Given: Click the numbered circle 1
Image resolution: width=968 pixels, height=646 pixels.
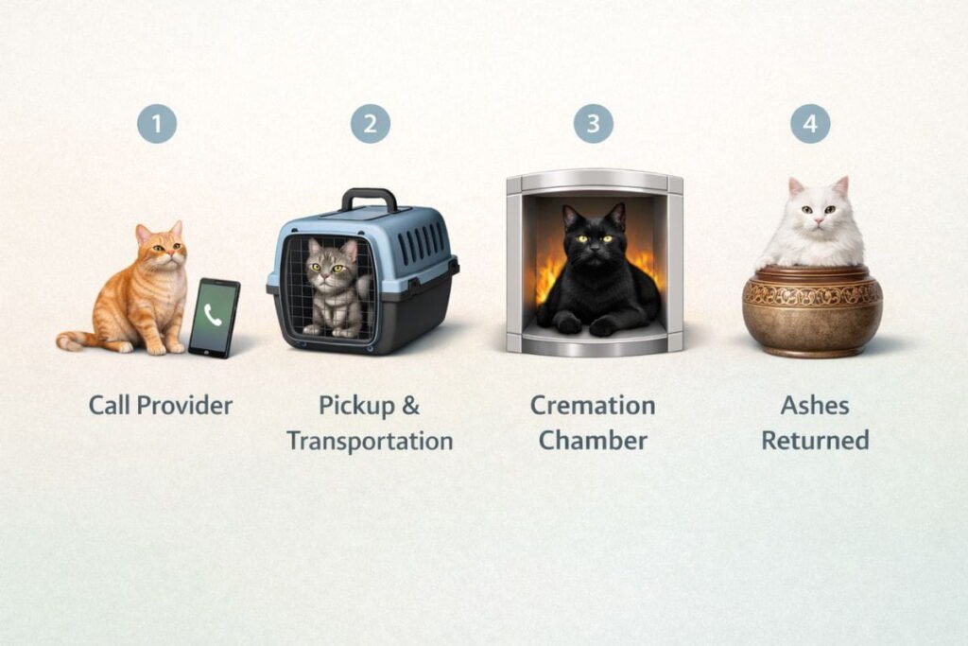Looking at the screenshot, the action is [x=157, y=124].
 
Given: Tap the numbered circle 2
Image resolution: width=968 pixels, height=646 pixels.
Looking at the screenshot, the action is [x=371, y=124].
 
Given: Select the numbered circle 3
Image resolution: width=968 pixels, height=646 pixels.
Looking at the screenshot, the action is [x=594, y=124].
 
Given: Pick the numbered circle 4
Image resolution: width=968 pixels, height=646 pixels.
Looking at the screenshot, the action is [x=810, y=124].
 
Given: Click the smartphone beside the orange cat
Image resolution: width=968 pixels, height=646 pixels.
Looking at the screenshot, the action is [x=215, y=318].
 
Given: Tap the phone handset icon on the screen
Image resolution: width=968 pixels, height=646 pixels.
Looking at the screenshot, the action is [x=213, y=314].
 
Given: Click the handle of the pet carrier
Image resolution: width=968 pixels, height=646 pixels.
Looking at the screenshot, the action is [x=370, y=200].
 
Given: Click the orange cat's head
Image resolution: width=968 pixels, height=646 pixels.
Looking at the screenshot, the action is [x=162, y=245].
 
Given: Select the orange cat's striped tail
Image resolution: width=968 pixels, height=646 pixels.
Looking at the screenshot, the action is [x=78, y=340].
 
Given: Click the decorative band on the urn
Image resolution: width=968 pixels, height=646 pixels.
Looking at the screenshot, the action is [x=812, y=294].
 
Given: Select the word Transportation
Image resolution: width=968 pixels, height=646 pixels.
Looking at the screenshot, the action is [x=370, y=441].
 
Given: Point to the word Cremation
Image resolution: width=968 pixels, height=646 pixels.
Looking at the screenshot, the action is [x=593, y=406].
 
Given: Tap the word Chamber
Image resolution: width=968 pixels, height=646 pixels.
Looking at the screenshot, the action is [x=593, y=441].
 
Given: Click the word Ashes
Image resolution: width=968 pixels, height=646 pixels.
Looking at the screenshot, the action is [x=815, y=406].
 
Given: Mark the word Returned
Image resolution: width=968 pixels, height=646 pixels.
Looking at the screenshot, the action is [x=815, y=441].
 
